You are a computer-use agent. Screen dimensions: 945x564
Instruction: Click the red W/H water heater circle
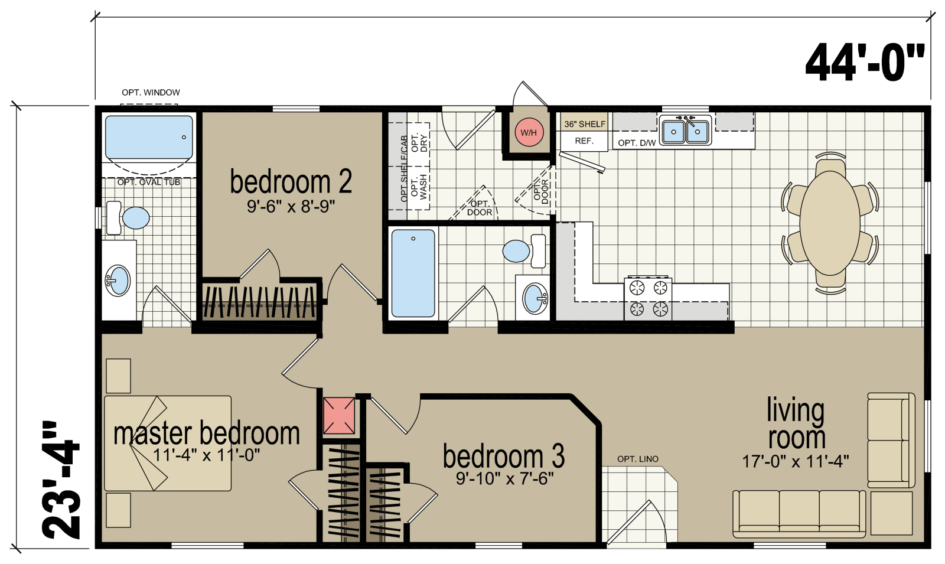[x=529, y=132]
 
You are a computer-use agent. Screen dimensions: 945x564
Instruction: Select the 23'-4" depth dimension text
[x=61, y=480]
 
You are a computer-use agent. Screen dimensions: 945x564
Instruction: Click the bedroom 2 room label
[x=291, y=182]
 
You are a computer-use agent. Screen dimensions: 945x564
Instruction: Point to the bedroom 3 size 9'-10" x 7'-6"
[x=504, y=479]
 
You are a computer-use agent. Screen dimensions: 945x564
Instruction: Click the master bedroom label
[x=207, y=433]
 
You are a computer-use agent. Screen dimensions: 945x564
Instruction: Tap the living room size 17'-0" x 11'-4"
[x=796, y=461]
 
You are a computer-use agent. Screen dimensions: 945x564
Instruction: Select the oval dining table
[x=830, y=223]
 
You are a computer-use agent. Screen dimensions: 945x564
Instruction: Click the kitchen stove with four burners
[x=648, y=298]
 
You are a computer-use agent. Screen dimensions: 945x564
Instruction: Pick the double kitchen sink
[x=686, y=130]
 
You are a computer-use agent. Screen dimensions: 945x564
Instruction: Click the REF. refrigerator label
[x=584, y=141]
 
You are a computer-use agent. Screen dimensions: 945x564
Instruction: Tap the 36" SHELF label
[x=585, y=124]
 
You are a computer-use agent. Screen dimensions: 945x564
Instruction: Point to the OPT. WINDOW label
[x=151, y=92]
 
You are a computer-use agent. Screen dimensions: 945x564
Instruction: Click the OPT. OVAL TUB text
[x=148, y=182]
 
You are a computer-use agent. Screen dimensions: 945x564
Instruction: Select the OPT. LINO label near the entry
[x=637, y=459]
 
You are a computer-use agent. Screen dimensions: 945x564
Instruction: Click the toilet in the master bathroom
[x=128, y=218]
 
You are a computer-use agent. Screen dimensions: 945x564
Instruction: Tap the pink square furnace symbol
[x=339, y=416]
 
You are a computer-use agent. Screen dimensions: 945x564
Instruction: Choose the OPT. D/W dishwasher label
[x=637, y=143]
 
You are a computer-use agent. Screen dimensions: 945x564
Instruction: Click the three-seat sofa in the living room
[x=799, y=513]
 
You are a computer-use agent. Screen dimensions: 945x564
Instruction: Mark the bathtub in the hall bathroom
[x=413, y=273]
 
